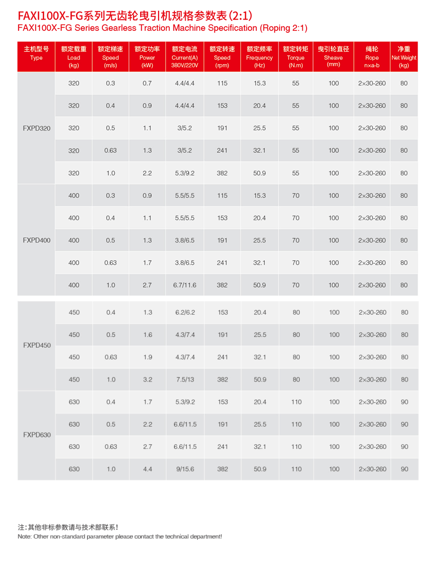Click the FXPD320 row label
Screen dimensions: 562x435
pos(37,128)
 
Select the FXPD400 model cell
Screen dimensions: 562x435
pos(37,240)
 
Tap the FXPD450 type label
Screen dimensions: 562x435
pos(37,345)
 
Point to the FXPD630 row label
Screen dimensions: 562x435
pos(37,435)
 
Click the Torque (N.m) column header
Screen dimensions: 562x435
pos(295,57)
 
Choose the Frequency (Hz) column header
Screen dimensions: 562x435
pos(259,57)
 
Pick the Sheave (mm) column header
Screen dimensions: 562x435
pos(333,57)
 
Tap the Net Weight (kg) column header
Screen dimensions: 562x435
pos(404,57)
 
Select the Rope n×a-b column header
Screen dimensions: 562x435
pos(371,57)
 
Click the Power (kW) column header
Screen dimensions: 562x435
pos(147,57)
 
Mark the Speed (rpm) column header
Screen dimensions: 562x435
pos(222,57)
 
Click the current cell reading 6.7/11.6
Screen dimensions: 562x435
pos(185,285)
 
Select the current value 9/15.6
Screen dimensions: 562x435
pos(185,469)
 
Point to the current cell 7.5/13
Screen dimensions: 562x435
pos(185,379)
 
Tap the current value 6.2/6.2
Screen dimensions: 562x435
pos(185,313)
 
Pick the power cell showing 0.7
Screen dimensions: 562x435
pos(147,83)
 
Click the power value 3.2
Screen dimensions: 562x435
pos(147,379)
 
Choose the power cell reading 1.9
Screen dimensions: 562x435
pos(147,357)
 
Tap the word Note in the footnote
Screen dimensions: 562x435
pos(24,537)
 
